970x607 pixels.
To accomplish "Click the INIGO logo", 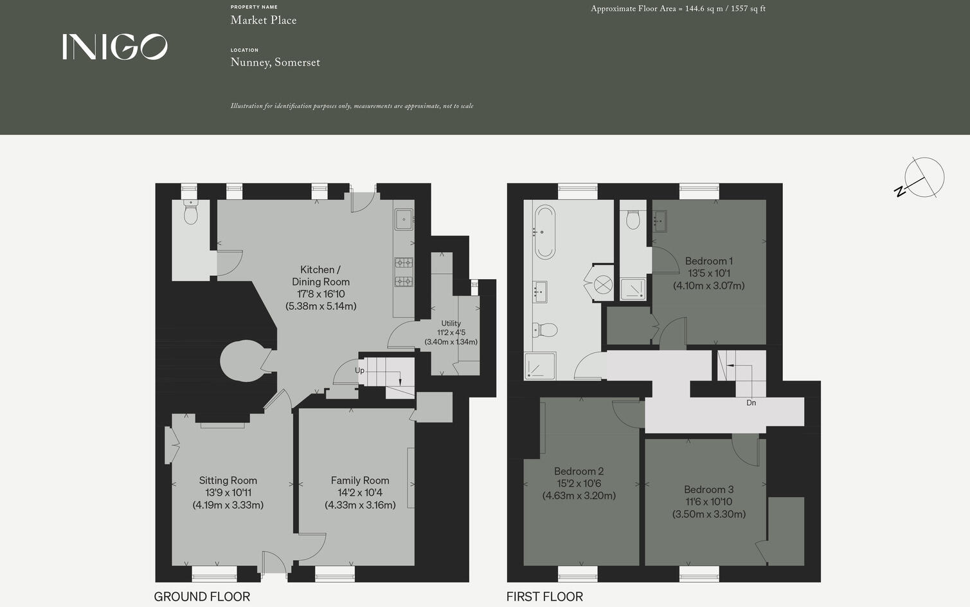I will click(115, 47).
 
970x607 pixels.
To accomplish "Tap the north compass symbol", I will click(923, 177).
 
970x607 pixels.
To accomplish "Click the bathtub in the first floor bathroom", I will click(545, 231).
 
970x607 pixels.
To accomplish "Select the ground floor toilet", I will click(191, 213).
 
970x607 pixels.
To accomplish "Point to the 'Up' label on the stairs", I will click(359, 370).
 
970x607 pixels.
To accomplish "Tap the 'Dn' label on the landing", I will click(751, 403).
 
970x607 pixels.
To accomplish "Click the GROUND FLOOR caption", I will click(202, 597).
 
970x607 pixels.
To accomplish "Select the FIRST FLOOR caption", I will click(544, 597).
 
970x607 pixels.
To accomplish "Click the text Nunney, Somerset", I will click(275, 62).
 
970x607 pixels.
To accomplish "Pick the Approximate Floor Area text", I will click(678, 9).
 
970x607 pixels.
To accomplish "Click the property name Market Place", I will click(264, 20).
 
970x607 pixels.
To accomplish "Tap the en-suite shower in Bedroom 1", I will click(633, 289).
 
